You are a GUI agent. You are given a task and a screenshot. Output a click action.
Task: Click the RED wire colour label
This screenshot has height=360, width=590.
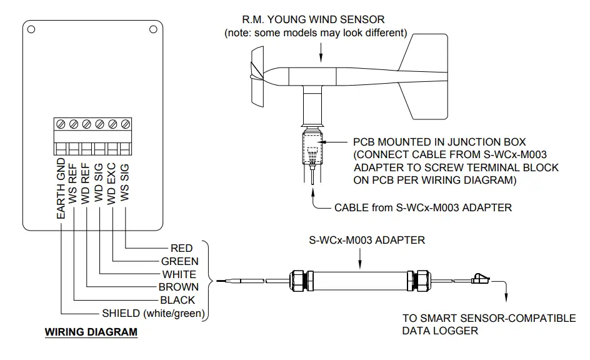181,248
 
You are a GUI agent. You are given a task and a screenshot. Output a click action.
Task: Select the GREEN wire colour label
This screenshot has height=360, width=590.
179,261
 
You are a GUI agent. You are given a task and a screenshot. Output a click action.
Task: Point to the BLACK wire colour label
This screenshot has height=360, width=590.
177,300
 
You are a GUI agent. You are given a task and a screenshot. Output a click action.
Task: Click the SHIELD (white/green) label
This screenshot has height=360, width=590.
153,313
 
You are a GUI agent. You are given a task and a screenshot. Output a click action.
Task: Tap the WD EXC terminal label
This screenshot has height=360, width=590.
111,183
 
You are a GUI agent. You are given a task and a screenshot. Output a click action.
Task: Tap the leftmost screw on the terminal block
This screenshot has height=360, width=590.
61,124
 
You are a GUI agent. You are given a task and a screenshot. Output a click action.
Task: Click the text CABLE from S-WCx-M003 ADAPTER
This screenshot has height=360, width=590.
423,207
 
